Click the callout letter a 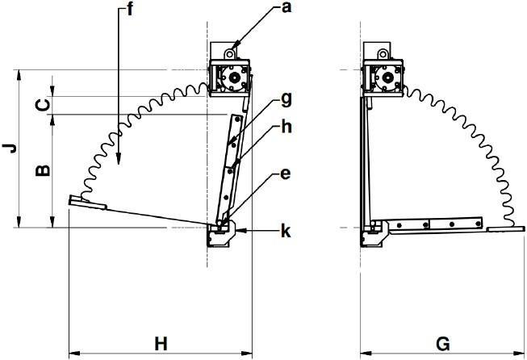point(286,7)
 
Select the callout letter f point(129,10)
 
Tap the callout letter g point(286,100)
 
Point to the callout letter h point(286,127)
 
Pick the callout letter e point(285,174)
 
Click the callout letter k point(286,231)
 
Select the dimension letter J point(10,148)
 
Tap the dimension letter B point(43,171)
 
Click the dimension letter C point(43,106)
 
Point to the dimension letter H point(161,344)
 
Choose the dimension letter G point(443,344)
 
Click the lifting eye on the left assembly point(230,54)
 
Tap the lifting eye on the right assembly point(383,54)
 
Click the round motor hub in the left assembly point(234,77)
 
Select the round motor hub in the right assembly point(387,77)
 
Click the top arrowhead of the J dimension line point(19,76)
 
